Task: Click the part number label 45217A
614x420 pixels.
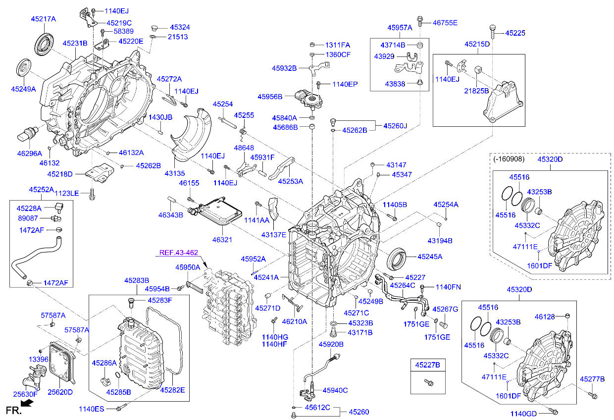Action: click(44, 19)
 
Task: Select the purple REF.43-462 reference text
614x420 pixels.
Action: click(178, 253)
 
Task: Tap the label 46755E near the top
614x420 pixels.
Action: click(445, 22)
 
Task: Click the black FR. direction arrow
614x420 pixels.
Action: click(28, 404)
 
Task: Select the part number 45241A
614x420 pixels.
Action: click(266, 277)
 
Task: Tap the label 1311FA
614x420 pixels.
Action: click(337, 45)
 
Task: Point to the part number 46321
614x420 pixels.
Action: click(222, 240)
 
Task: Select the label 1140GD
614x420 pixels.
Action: click(524, 413)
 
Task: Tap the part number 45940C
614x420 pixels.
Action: click(335, 390)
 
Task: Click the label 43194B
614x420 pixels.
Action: click(440, 241)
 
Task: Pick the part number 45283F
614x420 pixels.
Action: click(159, 300)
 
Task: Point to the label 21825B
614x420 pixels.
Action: click(476, 91)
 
